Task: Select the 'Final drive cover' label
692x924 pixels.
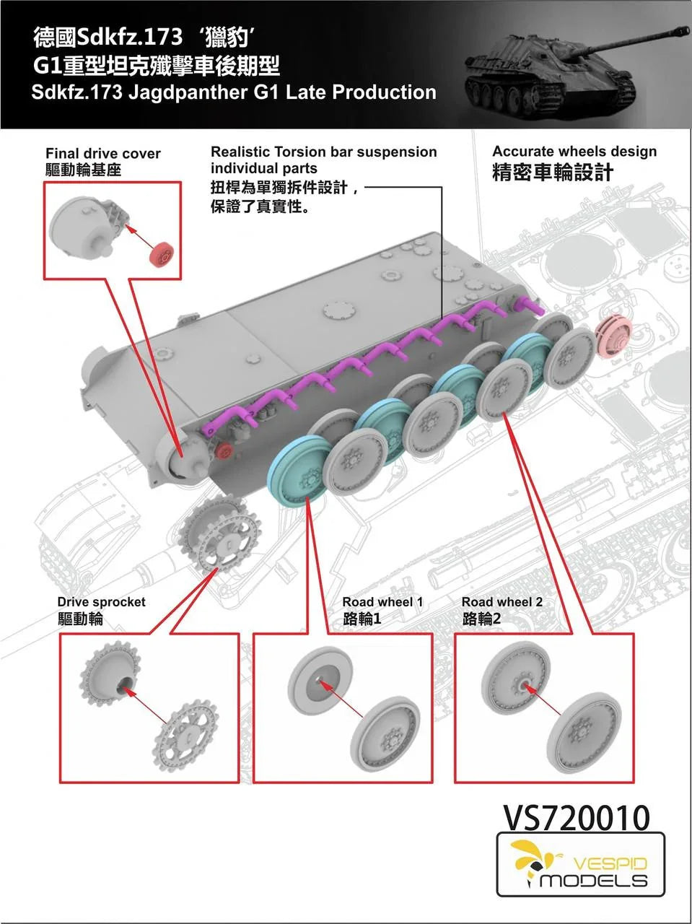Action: tap(102, 153)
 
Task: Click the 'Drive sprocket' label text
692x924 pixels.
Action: tap(101, 602)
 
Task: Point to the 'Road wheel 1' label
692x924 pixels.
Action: tap(382, 602)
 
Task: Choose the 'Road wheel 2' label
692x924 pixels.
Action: tap(502, 602)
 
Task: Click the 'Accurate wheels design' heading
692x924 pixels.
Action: tap(574, 152)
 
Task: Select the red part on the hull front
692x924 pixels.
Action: tap(224, 452)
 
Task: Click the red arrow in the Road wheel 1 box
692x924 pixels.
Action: tap(341, 698)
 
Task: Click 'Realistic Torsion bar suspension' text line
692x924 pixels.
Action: tap(323, 152)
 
